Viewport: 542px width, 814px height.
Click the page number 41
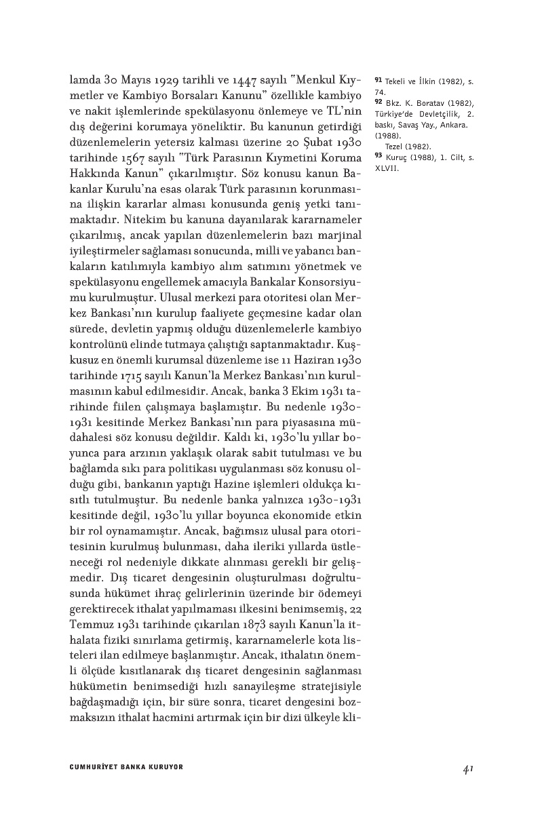point(467,768)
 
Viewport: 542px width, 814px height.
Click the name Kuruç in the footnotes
point(398,157)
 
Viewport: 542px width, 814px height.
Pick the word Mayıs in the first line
point(137,81)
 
